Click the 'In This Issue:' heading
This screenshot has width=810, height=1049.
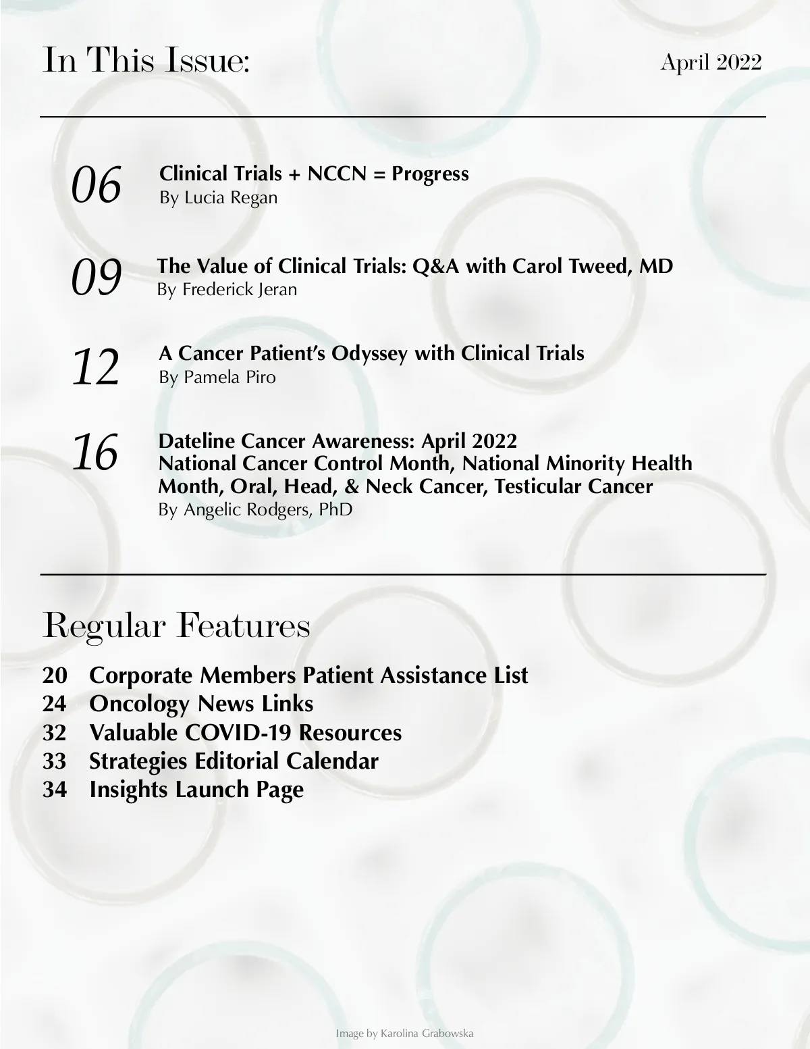[x=146, y=61]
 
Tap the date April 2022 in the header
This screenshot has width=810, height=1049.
[x=711, y=62]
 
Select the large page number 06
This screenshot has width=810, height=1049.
[x=97, y=185]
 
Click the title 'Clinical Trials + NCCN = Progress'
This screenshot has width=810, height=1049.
[x=314, y=174]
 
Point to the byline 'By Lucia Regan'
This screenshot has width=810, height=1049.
[x=218, y=198]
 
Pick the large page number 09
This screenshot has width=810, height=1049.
[x=97, y=277]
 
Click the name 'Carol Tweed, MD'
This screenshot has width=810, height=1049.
[x=593, y=266]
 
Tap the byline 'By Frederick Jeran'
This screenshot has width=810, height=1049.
[x=227, y=290]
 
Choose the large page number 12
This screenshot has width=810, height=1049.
[x=96, y=367]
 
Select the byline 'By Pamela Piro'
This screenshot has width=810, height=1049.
[x=217, y=377]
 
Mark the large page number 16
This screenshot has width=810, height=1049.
[x=95, y=453]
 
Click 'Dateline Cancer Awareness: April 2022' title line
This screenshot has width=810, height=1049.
[x=337, y=441]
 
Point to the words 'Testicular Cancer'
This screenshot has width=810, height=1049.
[x=574, y=486]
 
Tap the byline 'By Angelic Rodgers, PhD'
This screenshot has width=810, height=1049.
[x=255, y=509]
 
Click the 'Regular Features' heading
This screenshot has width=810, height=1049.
[x=176, y=625]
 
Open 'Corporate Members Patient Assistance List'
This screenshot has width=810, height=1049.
[x=308, y=675]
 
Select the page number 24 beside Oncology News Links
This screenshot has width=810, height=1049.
[x=55, y=704]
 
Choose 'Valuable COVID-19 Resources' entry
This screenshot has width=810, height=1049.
[x=245, y=732]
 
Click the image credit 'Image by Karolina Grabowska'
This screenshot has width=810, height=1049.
[x=404, y=1033]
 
